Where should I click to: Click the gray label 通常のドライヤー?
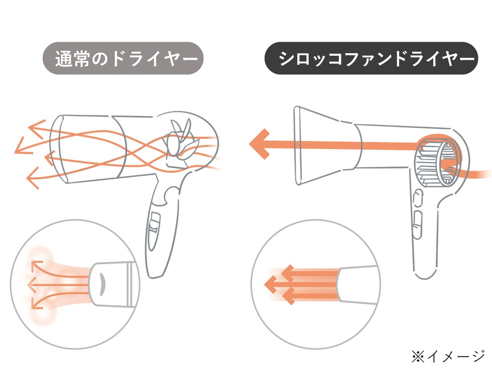pyautogui.click(x=123, y=58)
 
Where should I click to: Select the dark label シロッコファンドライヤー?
pyautogui.click(x=371, y=58)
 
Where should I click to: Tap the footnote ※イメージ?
pyautogui.click(x=447, y=356)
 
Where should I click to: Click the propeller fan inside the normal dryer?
pyautogui.click(x=179, y=143)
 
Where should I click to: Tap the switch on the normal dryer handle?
pyautogui.click(x=155, y=224)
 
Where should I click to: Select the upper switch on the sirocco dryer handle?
pyautogui.click(x=417, y=199)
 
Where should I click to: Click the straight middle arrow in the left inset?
pyautogui.click(x=35, y=285)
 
